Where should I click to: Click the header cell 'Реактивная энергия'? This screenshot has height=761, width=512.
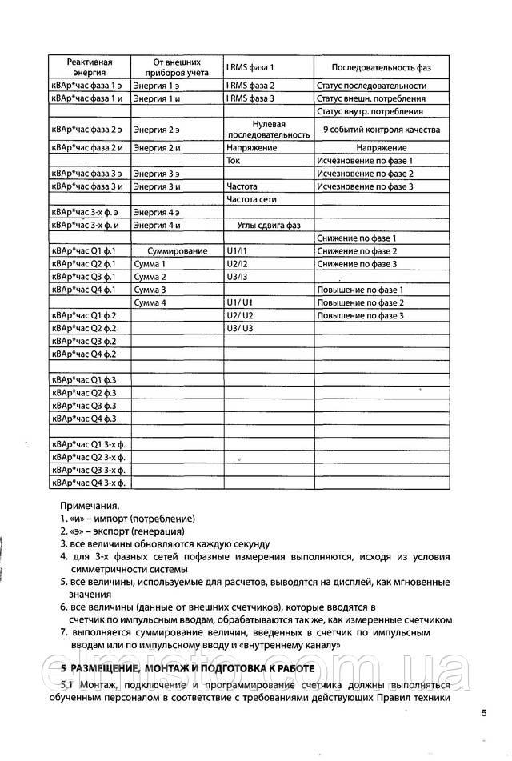89,66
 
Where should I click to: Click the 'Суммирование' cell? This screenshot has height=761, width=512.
177,251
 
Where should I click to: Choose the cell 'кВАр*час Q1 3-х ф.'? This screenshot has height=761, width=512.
89,445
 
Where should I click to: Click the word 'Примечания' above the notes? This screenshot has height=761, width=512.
90,506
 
